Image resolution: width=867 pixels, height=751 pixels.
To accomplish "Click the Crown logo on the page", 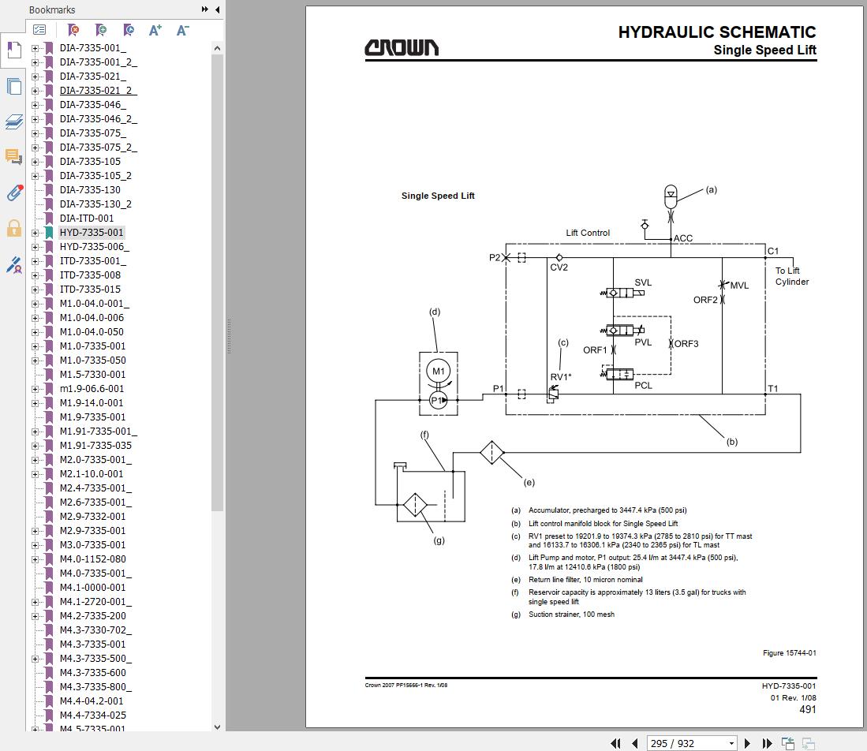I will click(401, 48).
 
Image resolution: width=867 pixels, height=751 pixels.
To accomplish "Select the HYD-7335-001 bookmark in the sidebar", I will click(92, 233).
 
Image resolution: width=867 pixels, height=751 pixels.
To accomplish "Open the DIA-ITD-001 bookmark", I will click(87, 219).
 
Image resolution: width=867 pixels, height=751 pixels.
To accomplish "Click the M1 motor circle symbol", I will click(438, 372).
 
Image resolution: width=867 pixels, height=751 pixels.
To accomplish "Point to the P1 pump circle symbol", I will click(438, 400).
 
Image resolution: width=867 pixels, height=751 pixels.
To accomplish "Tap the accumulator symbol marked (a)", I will click(671, 193).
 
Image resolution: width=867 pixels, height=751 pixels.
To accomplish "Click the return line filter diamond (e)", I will click(491, 453).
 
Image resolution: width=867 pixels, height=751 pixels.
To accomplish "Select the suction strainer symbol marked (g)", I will click(415, 505).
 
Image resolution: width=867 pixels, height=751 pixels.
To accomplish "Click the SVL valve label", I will click(643, 282).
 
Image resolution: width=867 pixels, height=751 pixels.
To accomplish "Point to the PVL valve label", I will click(643, 342).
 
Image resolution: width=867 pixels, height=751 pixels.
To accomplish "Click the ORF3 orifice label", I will click(686, 344).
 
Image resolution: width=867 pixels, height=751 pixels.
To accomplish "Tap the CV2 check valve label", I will click(559, 267).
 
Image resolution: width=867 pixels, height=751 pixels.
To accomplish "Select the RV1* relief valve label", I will click(560, 377).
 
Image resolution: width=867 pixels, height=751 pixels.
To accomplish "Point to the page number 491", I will click(807, 709).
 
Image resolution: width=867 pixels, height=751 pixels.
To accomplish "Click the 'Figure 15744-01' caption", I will click(789, 653).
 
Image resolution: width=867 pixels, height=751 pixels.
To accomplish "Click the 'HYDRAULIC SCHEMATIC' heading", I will click(716, 32).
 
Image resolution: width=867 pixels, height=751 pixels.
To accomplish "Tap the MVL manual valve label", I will click(739, 286).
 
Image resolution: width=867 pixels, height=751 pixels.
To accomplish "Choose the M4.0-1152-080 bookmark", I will click(92, 559).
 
